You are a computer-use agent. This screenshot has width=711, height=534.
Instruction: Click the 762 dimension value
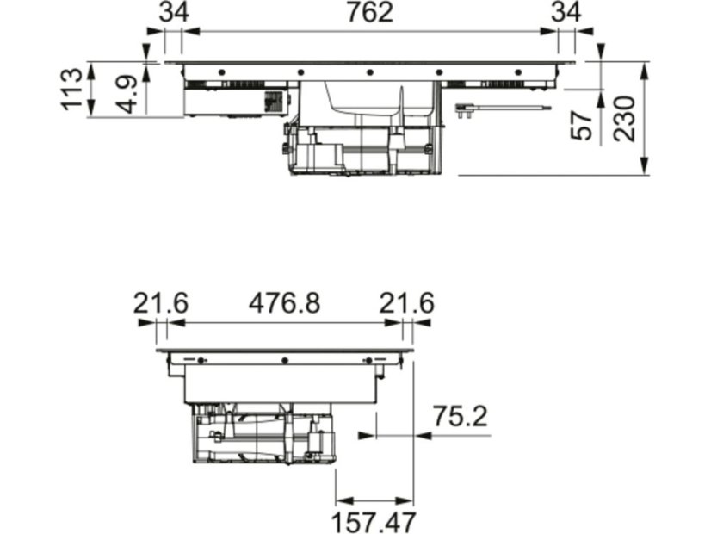369,12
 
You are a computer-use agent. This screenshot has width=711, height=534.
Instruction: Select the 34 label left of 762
174,12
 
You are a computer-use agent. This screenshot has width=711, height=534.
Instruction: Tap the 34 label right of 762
566,12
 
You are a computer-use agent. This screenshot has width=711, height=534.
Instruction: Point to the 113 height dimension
72,89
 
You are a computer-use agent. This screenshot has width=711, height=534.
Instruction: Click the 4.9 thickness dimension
126,95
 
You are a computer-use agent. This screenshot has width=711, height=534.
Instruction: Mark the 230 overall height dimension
624,118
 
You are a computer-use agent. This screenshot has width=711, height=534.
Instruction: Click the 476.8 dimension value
284,302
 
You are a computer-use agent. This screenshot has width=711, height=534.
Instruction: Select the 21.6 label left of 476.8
160,302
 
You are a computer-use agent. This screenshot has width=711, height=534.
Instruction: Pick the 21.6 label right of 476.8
407,302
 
